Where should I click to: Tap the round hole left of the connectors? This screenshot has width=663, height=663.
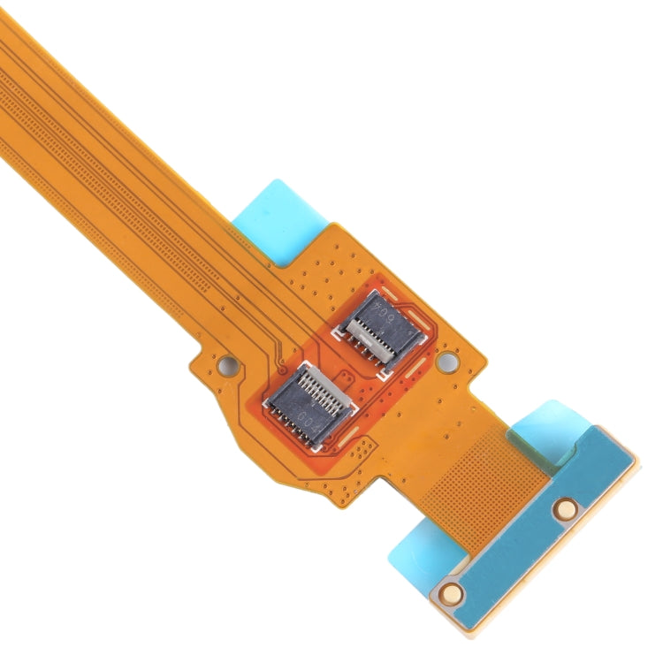[227, 362]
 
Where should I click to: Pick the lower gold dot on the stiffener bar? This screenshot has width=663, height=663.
[452, 592]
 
